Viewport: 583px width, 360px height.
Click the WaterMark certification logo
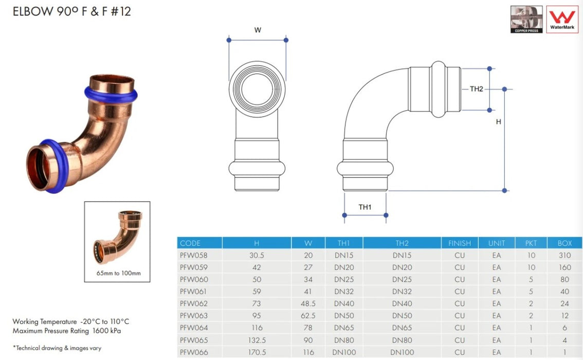[562, 20]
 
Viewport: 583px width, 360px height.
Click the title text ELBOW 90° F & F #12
[72, 11]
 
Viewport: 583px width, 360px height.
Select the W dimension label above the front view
[258, 30]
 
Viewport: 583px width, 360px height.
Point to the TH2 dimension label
[477, 89]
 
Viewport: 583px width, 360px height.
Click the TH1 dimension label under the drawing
[365, 207]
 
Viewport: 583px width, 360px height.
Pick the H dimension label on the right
[498, 122]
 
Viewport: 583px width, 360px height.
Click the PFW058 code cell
[194, 255]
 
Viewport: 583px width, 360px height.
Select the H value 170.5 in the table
[257, 352]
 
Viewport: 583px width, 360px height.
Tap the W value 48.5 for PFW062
[308, 303]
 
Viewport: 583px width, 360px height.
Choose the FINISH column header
[459, 243]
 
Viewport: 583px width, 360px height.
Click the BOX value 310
[564, 255]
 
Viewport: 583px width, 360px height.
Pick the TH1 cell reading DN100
[344, 352]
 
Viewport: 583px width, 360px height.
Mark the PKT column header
[531, 243]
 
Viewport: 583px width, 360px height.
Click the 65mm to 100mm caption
[117, 273]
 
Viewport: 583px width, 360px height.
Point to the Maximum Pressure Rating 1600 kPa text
[67, 331]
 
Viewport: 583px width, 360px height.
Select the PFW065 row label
[194, 340]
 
